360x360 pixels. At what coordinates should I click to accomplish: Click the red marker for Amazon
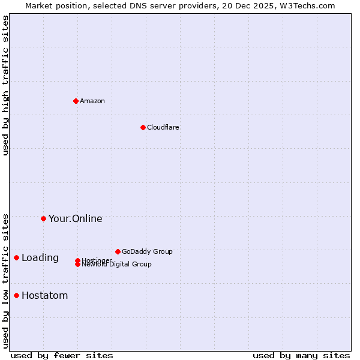(x=76, y=101)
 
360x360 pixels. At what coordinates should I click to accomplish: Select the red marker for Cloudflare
(x=143, y=127)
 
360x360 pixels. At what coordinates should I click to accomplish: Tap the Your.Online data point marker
(x=43, y=218)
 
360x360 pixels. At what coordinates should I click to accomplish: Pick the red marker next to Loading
(x=16, y=257)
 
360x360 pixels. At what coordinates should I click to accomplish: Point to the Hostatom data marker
(x=16, y=295)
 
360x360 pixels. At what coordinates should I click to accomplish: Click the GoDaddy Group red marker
(x=118, y=251)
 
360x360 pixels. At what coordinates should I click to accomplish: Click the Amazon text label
(x=92, y=101)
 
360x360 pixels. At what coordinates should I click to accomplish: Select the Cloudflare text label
(x=163, y=127)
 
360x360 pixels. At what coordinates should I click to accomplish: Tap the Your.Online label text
(x=75, y=218)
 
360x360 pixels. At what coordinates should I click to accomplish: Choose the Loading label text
(x=40, y=258)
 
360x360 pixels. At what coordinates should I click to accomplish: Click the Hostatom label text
(x=44, y=295)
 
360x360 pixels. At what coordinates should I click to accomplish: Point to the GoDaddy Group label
(x=147, y=251)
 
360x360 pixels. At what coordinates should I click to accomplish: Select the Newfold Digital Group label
(x=117, y=265)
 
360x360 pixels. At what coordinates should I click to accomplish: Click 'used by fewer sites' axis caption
(x=62, y=355)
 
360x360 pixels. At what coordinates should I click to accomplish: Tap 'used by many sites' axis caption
(x=301, y=355)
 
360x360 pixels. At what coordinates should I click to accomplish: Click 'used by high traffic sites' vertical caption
(x=5, y=85)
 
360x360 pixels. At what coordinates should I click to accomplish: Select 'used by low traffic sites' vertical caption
(x=5, y=280)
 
